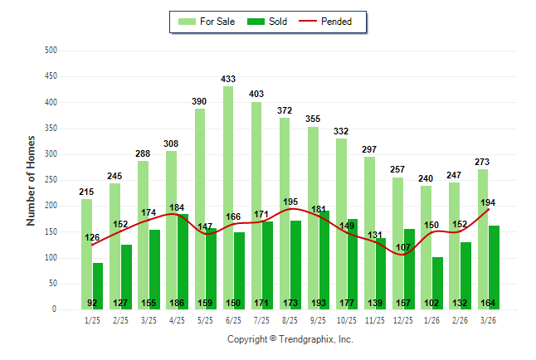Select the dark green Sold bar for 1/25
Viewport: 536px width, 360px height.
point(98,285)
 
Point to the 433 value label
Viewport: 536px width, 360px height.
point(228,80)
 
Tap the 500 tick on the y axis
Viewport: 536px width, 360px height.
point(51,51)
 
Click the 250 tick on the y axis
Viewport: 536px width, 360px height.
point(51,180)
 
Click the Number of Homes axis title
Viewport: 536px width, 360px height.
point(31,180)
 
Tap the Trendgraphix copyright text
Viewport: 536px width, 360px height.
point(290,339)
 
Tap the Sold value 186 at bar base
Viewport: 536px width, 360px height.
point(178,304)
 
